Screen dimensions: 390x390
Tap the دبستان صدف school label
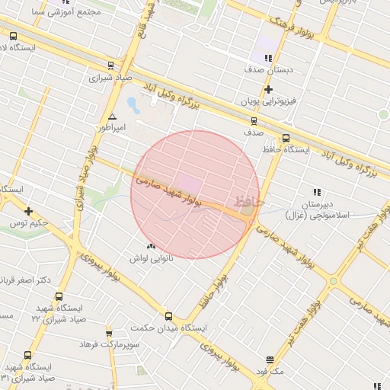(x=268, y=69)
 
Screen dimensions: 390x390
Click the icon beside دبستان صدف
(x=267, y=58)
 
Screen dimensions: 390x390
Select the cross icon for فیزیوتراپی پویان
(x=268, y=90)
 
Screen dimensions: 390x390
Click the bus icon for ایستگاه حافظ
(x=286, y=138)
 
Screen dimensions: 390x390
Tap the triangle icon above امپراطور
(x=113, y=117)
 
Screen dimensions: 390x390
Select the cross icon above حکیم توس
(x=28, y=211)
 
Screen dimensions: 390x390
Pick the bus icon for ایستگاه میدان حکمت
(x=169, y=316)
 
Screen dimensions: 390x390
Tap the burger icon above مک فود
(x=270, y=360)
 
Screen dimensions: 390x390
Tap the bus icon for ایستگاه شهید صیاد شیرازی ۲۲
(x=59, y=297)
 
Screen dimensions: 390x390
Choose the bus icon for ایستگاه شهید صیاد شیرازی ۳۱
(x=28, y=355)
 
